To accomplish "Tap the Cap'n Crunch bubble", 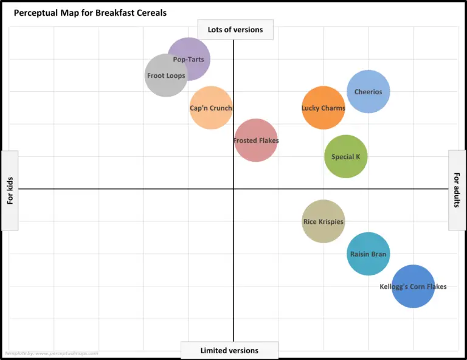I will pos(211,108).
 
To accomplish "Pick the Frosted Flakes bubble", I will pos(256,140).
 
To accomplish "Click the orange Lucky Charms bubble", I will pos(323,108).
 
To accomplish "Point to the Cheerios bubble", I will pos(368,92).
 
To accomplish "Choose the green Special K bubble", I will pos(346,157).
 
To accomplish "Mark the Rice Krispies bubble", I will pos(323,222).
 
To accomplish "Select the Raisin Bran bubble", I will pos(368,254).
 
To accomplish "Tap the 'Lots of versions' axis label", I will pos(235,30).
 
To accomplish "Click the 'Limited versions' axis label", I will pos(229,350).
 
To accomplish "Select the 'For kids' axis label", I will pos(10,190).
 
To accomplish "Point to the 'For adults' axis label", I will pos(457,190).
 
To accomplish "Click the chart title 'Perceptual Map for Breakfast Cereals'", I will pos(90,12).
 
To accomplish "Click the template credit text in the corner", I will pos(51,353).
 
